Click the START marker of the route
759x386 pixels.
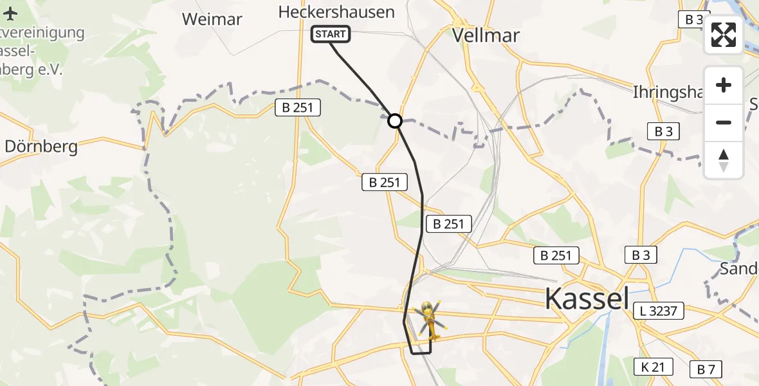331,34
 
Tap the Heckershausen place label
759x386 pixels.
336,12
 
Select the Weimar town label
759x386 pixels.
212,19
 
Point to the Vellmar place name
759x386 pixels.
486,35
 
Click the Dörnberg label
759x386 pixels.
41,147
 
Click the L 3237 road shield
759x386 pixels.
658,311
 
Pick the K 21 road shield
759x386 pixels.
653,367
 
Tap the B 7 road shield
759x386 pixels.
706,369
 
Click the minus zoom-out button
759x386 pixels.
724,122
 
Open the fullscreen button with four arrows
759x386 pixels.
724,35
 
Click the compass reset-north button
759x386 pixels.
724,160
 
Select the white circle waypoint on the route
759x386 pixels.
395,120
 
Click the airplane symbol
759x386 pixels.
11,12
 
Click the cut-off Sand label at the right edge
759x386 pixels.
739,268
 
